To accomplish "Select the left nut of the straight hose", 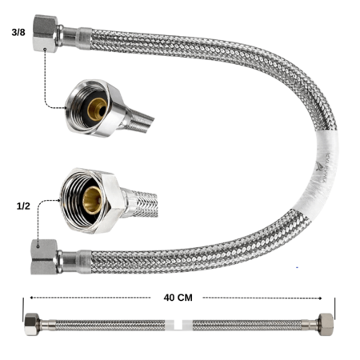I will pos(30,326).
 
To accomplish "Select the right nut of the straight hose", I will pos(326,325).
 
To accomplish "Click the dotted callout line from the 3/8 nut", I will pos(46,80).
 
